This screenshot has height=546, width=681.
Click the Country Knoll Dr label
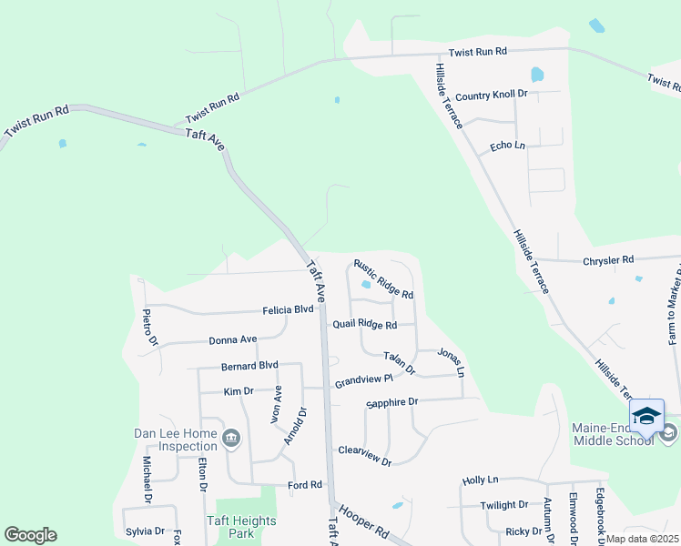pos(491,96)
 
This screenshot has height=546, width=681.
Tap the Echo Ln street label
pos(508,146)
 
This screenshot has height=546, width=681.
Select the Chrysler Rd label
pos(607,260)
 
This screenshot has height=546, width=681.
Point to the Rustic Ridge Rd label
pos(383,278)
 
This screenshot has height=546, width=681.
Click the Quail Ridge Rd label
pos(365,325)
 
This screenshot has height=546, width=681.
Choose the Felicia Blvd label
pos(288,309)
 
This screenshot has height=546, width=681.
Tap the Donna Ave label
pos(232,339)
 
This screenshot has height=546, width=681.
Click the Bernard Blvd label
pos(249,366)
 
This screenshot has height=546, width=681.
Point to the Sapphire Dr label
pos(391,401)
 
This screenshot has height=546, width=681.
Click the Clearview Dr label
pos(364,456)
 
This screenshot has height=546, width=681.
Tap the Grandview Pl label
pos(362,380)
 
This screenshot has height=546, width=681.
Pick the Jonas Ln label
pos(451,361)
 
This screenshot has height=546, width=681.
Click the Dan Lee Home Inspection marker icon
pos(231,440)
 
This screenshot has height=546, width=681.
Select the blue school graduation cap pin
pos(646,418)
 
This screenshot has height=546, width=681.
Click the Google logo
pos(30,535)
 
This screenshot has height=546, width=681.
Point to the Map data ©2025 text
pos(641,539)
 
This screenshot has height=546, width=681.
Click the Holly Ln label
pos(481,480)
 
